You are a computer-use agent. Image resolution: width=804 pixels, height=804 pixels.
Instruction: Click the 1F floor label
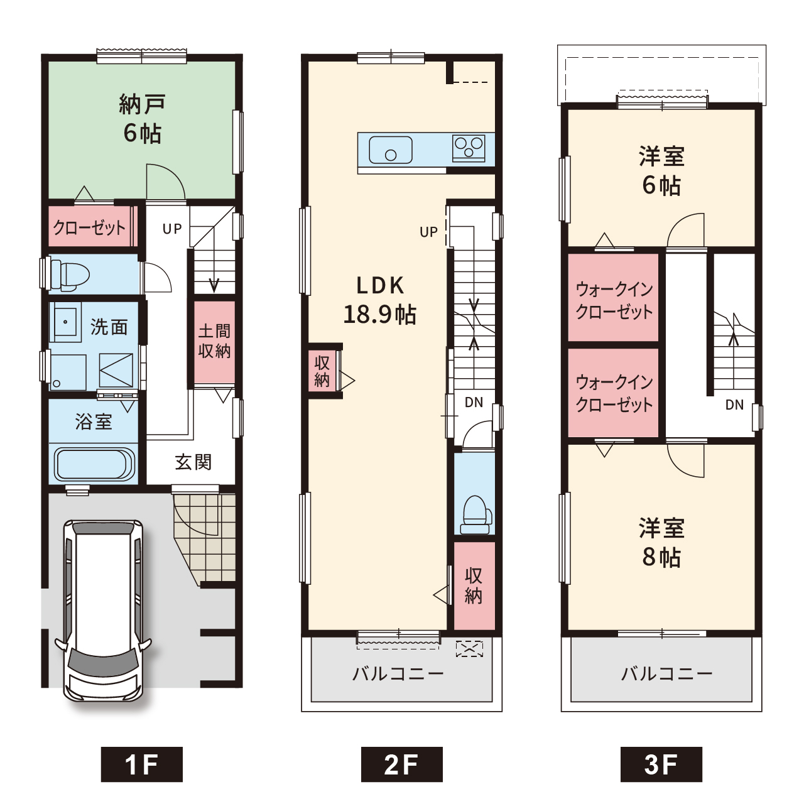[141, 764]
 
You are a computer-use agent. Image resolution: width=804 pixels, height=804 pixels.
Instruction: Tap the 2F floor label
[401, 764]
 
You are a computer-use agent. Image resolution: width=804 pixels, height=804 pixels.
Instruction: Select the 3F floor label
[661, 764]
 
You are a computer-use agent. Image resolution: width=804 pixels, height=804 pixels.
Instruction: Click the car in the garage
[103, 611]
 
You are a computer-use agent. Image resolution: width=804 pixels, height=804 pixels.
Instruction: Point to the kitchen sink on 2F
[391, 149]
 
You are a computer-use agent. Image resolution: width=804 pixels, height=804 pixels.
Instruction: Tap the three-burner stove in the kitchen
[469, 148]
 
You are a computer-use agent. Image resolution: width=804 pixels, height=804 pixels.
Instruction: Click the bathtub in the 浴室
[94, 464]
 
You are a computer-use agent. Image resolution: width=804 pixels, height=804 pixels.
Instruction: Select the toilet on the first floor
[69, 275]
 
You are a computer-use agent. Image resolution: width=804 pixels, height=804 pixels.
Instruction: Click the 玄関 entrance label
[193, 462]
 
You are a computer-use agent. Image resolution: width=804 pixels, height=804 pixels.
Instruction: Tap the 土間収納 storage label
[214, 341]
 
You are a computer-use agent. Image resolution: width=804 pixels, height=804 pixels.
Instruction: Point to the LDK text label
[380, 286]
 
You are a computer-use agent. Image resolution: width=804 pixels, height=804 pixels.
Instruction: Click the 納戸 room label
[143, 104]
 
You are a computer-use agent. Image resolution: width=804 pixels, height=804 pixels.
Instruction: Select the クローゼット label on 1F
[89, 228]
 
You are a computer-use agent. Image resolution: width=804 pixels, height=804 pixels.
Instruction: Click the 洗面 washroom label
[109, 327]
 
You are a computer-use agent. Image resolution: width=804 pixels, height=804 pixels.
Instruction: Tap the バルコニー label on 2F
[398, 674]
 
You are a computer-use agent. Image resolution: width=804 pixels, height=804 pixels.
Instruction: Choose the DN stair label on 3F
[734, 405]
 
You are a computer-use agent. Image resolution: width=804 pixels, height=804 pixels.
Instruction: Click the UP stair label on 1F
[172, 229]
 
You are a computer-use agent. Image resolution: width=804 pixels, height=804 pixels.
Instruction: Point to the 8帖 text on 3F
[661, 557]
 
